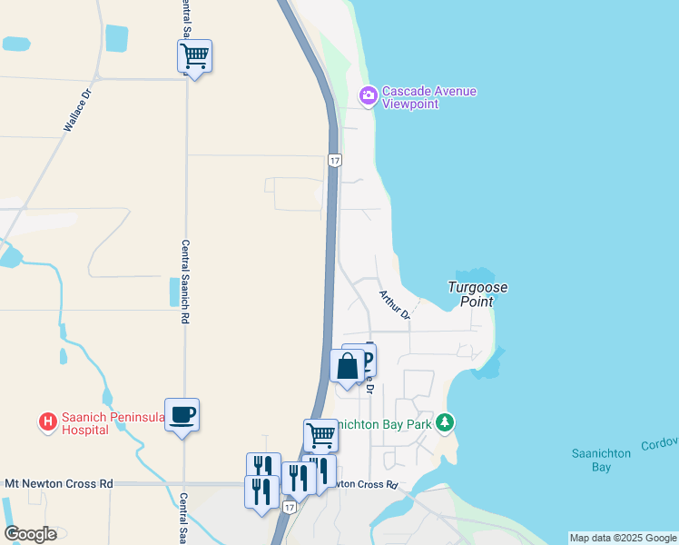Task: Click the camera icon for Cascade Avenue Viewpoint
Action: pyautogui.click(x=368, y=95)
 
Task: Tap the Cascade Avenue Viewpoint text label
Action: pyautogui.click(x=428, y=97)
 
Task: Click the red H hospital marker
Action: pyautogui.click(x=46, y=422)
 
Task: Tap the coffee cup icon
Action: pyautogui.click(x=182, y=414)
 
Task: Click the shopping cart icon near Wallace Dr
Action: pyautogui.click(x=194, y=56)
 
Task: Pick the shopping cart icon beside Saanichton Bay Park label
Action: pyautogui.click(x=320, y=436)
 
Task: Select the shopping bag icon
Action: pyautogui.click(x=347, y=367)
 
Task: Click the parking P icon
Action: pyautogui.click(x=365, y=360)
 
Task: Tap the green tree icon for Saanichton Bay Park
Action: pyautogui.click(x=444, y=422)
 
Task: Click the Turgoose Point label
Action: pyautogui.click(x=478, y=294)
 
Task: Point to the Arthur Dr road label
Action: pyautogui.click(x=395, y=304)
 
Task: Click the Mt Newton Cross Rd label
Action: pyautogui.click(x=59, y=484)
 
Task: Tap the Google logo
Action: pyautogui.click(x=30, y=533)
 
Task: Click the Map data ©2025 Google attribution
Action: pyautogui.click(x=623, y=538)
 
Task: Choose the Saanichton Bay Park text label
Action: pyautogui.click(x=385, y=423)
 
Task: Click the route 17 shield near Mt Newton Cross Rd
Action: pyautogui.click(x=289, y=507)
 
